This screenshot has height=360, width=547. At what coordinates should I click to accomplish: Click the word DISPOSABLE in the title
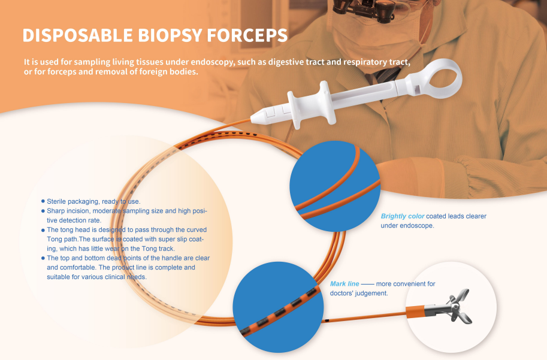click(x=77, y=35)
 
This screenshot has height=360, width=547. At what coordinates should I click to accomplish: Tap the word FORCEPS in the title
click(x=247, y=35)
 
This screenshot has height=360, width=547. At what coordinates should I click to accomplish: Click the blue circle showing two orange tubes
click(x=335, y=186)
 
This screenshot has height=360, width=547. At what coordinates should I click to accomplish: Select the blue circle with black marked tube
click(x=278, y=307)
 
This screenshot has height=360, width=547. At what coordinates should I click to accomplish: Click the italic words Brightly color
click(x=402, y=216)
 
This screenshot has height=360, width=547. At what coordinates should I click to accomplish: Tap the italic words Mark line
click(x=344, y=284)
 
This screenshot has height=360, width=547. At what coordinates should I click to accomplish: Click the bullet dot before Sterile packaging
click(x=43, y=201)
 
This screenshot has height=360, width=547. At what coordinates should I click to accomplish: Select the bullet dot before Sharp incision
click(x=43, y=211)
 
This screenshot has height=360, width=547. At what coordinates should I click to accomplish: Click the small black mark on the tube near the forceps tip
click(x=327, y=320)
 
